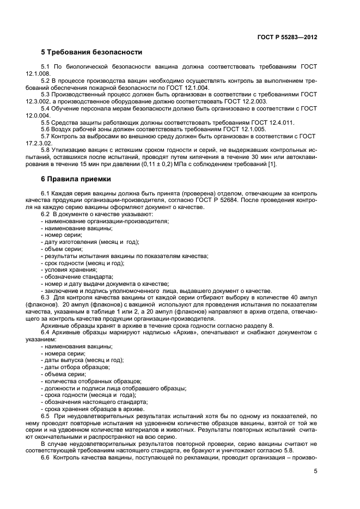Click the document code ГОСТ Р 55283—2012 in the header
point(288,38)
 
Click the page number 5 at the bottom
point(315,472)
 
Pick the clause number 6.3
point(47,297)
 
